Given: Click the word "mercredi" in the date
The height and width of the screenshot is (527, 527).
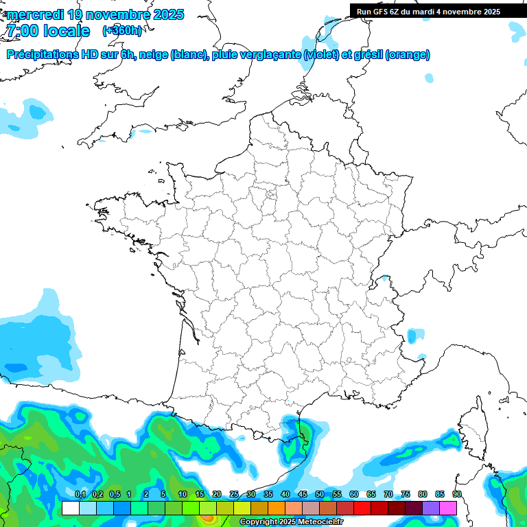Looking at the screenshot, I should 32,14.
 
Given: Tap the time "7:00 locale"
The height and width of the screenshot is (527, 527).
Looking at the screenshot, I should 48,31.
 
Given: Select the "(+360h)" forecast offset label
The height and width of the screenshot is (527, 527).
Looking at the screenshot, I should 122,31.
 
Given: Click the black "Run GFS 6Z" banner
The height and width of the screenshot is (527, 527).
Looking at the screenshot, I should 428,11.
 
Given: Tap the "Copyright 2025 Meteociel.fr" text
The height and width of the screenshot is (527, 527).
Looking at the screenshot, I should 291,522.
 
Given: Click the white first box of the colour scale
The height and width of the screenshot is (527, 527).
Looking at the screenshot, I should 70,508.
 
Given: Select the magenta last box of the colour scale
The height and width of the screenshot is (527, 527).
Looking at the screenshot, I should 448,508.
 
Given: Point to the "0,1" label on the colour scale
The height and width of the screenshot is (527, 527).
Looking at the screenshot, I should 80,495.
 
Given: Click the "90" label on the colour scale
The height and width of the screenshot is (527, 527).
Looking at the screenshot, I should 456,495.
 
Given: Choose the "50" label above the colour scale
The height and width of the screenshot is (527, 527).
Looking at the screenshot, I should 319,495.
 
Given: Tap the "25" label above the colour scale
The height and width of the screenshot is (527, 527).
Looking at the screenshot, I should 233,495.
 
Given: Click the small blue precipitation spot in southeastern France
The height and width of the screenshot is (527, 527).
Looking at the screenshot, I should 412,336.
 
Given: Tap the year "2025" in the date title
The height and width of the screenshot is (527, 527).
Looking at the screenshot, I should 163,14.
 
